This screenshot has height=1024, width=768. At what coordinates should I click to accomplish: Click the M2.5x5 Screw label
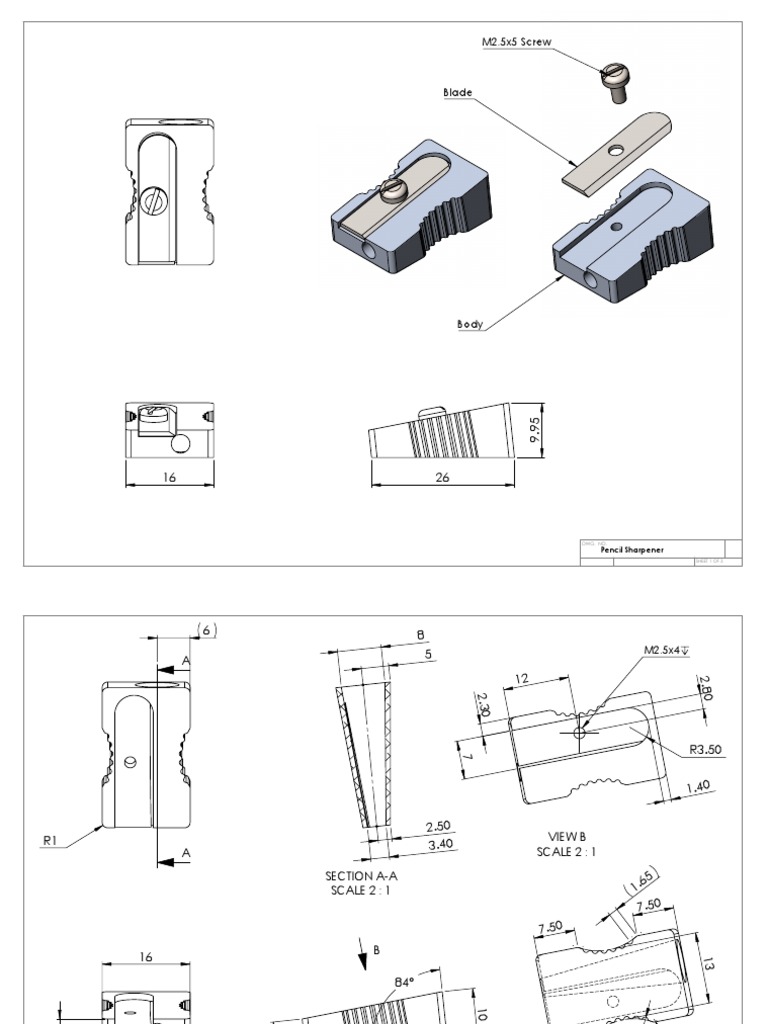tap(516, 42)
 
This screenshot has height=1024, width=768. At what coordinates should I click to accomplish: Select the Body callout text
tap(470, 324)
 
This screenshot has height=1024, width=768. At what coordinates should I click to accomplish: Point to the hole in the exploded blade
tap(614, 151)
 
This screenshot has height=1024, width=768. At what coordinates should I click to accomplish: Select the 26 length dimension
tap(442, 478)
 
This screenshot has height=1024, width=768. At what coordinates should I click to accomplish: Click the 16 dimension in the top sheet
tap(169, 478)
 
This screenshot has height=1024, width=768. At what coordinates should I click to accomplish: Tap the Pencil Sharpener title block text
tap(632, 550)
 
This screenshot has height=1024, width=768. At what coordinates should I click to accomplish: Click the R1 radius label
tap(52, 842)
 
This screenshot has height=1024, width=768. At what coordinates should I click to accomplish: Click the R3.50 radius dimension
tap(706, 748)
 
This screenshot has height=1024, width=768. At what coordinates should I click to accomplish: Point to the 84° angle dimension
tap(404, 982)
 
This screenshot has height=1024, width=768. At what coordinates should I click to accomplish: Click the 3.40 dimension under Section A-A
tap(438, 844)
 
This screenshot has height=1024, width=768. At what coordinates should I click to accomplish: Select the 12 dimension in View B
tap(522, 678)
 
